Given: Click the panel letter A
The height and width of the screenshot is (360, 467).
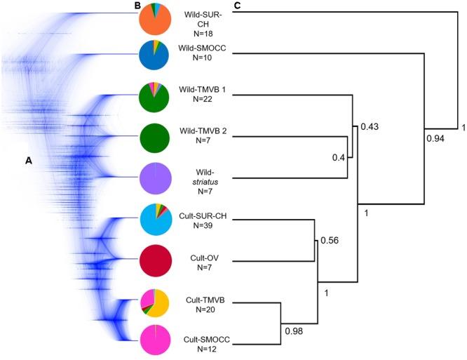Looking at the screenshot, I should point(29,161).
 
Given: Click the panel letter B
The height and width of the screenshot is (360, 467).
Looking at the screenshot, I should point(137,6).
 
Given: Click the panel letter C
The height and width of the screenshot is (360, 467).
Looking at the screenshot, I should point(238,6).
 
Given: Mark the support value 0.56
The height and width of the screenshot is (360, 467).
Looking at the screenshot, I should point(329,241).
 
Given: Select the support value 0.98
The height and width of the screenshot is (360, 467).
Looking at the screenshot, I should point(295,330).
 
